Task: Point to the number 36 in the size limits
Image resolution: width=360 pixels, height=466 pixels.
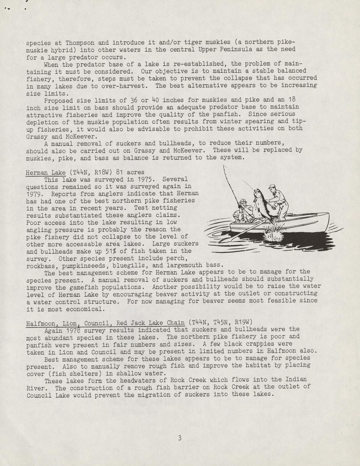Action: pos(133,100)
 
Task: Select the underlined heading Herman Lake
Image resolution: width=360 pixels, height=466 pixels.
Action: pos(46,173)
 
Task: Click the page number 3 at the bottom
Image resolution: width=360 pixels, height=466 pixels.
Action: pos(180,438)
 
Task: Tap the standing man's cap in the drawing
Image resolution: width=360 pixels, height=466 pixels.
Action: pos(273,187)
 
